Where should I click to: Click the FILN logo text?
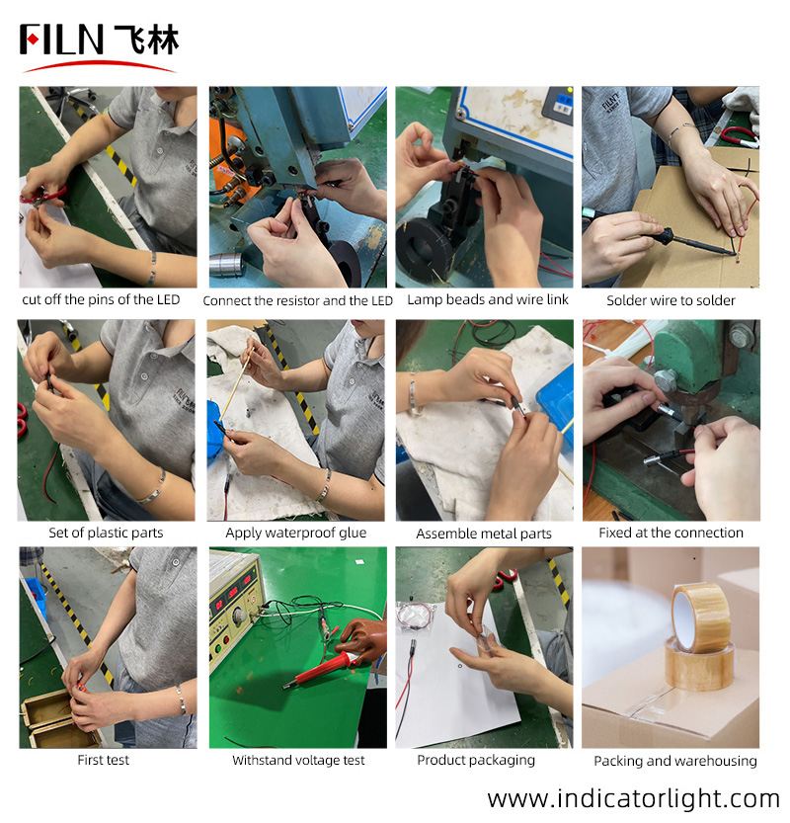coord(61,40)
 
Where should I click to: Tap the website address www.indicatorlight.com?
coord(633,799)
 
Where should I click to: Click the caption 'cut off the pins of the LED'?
coord(101,299)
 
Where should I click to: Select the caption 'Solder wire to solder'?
coord(671,300)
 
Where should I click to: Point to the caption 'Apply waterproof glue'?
coord(296,534)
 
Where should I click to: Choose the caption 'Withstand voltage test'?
coord(298,760)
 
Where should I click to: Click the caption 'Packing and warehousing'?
coord(675,761)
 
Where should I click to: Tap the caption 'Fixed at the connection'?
coord(671,533)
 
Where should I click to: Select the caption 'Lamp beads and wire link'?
coord(488,299)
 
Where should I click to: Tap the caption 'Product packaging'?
coord(476,761)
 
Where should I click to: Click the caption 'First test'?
coord(104,760)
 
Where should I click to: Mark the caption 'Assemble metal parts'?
coord(484,534)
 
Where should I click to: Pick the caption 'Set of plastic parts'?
coord(106,534)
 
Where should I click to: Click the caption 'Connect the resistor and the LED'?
coord(298,300)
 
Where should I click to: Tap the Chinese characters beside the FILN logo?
coord(147,40)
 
